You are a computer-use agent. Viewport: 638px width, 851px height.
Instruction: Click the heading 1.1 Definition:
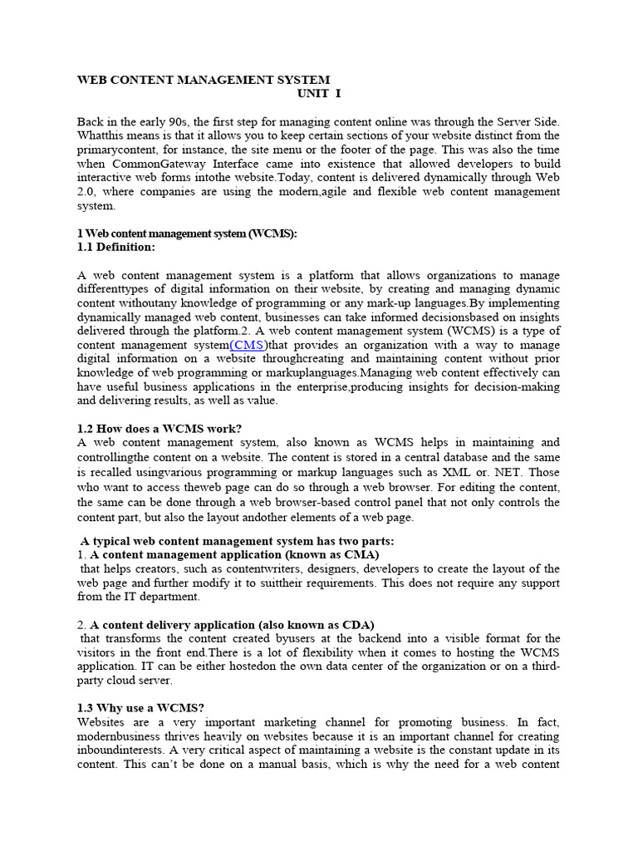click(116, 247)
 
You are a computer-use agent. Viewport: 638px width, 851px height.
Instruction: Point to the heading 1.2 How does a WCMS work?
click(159, 428)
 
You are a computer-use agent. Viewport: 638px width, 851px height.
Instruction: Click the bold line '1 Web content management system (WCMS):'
click(187, 234)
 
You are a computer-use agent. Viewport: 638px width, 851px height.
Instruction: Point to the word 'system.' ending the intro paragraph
click(96, 205)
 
